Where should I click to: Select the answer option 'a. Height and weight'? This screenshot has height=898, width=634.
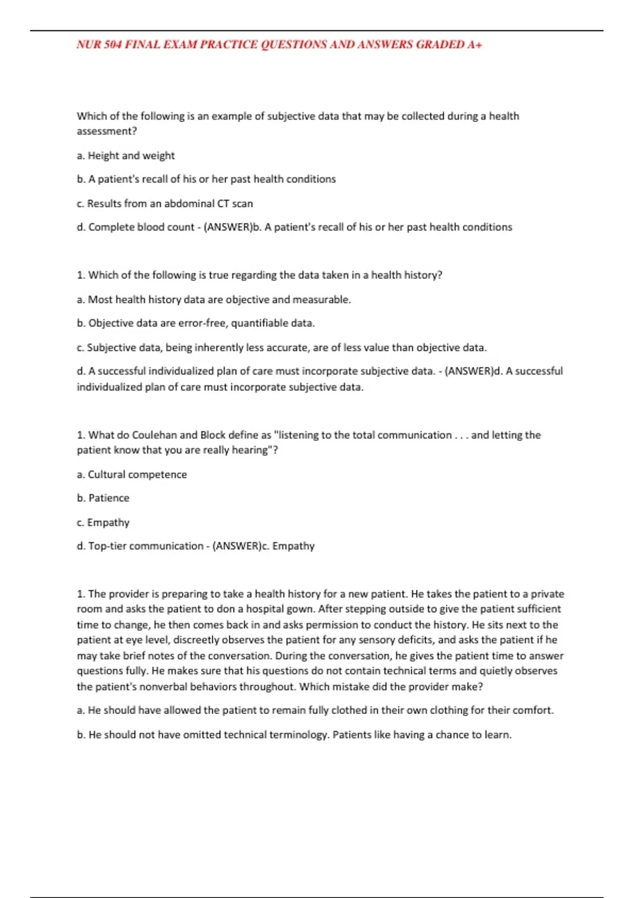pos(126,156)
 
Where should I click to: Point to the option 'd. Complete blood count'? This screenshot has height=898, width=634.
pos(136,227)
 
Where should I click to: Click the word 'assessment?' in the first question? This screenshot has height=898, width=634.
pos(107,131)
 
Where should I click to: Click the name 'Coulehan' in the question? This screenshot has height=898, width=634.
pos(154,435)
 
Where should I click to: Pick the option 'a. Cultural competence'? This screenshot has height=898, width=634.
pos(132,474)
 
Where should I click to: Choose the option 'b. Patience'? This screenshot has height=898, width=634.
pos(103,498)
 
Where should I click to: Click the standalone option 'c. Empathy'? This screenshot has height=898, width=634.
pos(103,522)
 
